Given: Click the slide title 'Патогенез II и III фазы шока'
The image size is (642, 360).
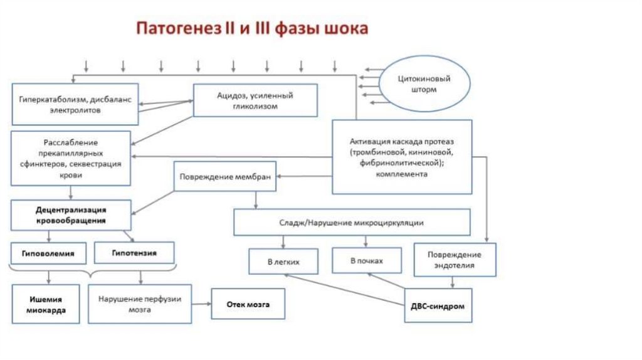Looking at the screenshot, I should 253,29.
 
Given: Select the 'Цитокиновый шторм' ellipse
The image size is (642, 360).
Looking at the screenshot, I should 426,85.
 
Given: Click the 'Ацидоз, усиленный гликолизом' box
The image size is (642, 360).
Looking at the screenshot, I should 255,100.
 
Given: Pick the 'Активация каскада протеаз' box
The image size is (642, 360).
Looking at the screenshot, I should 401,157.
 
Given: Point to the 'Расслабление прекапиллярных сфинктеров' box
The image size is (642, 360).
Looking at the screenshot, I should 71,158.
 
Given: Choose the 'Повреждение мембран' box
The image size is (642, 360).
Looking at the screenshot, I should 225,177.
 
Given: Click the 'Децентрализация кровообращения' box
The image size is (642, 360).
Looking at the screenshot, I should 71,215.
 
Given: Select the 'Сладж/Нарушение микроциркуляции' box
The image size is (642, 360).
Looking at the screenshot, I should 352,223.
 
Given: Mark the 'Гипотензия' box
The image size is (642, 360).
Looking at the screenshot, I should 134,253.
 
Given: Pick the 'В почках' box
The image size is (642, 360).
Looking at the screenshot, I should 366,260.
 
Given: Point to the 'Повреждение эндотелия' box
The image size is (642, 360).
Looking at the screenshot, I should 455,260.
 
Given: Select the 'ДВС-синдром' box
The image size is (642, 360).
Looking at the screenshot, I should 438,305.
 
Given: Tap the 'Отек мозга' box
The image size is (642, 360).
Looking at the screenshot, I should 248,304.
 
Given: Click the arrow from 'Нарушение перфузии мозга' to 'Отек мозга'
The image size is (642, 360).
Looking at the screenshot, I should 201,304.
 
